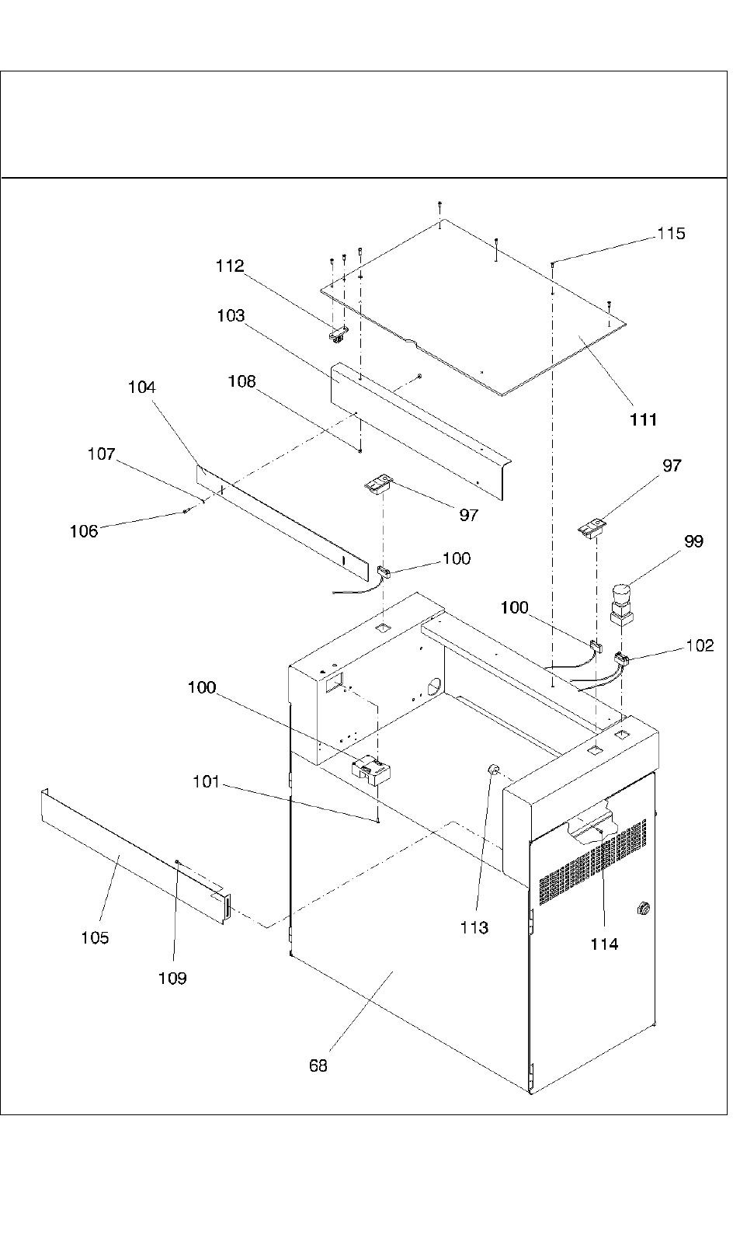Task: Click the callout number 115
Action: [x=671, y=234]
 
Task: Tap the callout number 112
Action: [x=230, y=266]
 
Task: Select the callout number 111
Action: [x=644, y=419]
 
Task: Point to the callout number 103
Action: [x=231, y=316]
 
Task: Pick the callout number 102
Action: [x=700, y=645]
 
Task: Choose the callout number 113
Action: [x=474, y=927]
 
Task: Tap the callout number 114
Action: [x=604, y=944]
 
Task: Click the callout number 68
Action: [x=318, y=1066]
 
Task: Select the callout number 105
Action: [x=95, y=938]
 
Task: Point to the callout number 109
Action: [x=172, y=979]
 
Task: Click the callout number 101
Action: [x=206, y=782]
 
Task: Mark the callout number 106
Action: [x=84, y=531]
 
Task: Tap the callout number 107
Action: [x=101, y=454]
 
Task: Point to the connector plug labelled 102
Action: [x=621, y=661]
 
